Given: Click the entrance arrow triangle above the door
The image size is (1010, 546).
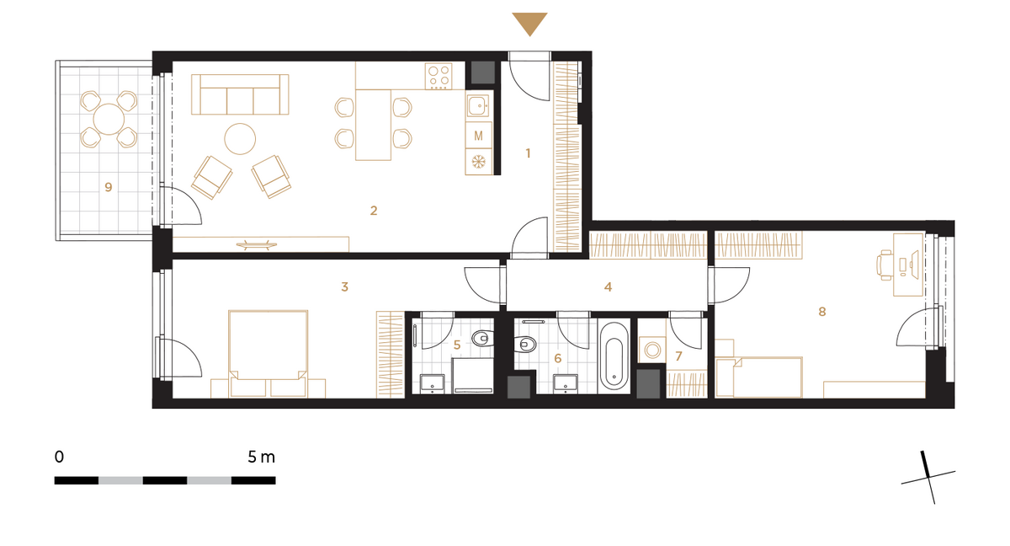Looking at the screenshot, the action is (529, 23).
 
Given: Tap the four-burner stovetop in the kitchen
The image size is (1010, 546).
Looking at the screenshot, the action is (439, 76).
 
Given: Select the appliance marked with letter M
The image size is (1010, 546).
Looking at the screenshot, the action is (478, 136).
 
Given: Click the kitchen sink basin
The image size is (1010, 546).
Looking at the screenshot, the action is (478, 106).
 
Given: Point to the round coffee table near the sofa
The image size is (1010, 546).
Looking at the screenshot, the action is (240, 139).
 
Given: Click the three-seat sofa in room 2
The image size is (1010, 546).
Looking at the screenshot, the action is (240, 94).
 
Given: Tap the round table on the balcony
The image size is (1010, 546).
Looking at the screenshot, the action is (109, 119).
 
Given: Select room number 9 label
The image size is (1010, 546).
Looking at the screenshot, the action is (109, 187).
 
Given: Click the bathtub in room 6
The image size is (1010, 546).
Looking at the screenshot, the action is (614, 357).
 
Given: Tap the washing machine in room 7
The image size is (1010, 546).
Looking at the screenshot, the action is (652, 350).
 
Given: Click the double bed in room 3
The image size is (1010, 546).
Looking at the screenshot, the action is (268, 354).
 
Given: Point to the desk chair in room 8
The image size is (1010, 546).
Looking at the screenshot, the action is (885, 265).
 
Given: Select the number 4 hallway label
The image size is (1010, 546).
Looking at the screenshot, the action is (608, 287).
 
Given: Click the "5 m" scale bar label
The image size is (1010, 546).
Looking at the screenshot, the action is (261, 457).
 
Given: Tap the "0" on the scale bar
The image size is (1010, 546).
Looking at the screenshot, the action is (59, 457).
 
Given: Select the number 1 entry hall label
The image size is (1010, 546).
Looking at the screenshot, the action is (528, 153).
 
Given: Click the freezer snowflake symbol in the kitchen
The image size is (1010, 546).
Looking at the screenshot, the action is (478, 161).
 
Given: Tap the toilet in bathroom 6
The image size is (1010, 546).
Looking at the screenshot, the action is (525, 344).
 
